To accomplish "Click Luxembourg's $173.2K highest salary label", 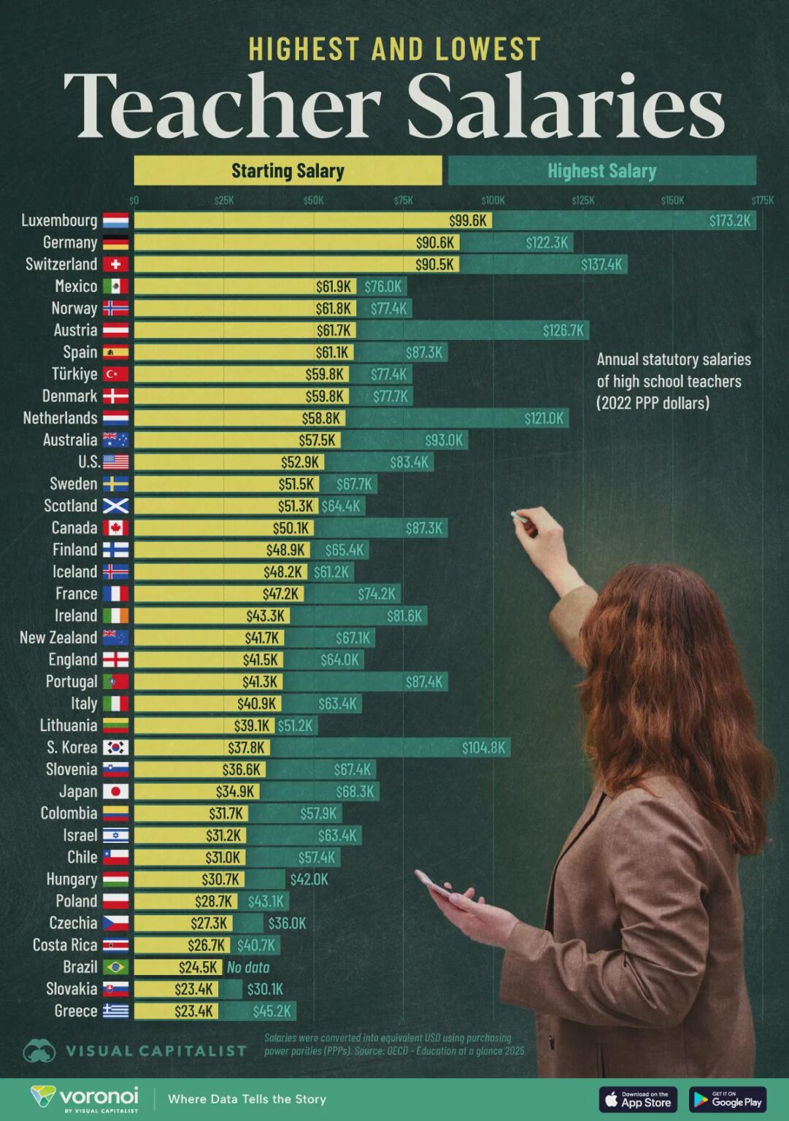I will [x=730, y=220].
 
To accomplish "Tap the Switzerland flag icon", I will [x=115, y=264].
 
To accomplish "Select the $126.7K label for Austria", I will [x=563, y=331].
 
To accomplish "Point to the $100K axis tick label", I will [x=493, y=200].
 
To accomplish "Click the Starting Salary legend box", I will [x=288, y=171].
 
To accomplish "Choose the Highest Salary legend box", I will [x=601, y=171].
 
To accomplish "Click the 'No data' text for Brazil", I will [x=248, y=967].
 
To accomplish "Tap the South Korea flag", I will [x=115, y=747].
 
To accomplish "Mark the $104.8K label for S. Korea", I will [x=483, y=747].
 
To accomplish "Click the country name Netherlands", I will [x=60, y=418].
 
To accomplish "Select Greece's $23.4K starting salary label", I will [x=193, y=1011].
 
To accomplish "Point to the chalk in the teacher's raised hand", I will [x=519, y=517].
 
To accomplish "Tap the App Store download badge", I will [x=637, y=1099].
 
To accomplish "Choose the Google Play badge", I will [x=727, y=1099].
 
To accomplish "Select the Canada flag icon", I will [x=115, y=528].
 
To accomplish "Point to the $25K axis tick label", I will [x=224, y=200].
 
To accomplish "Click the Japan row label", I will [x=78, y=791].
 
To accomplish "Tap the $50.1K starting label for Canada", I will [x=291, y=528].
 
